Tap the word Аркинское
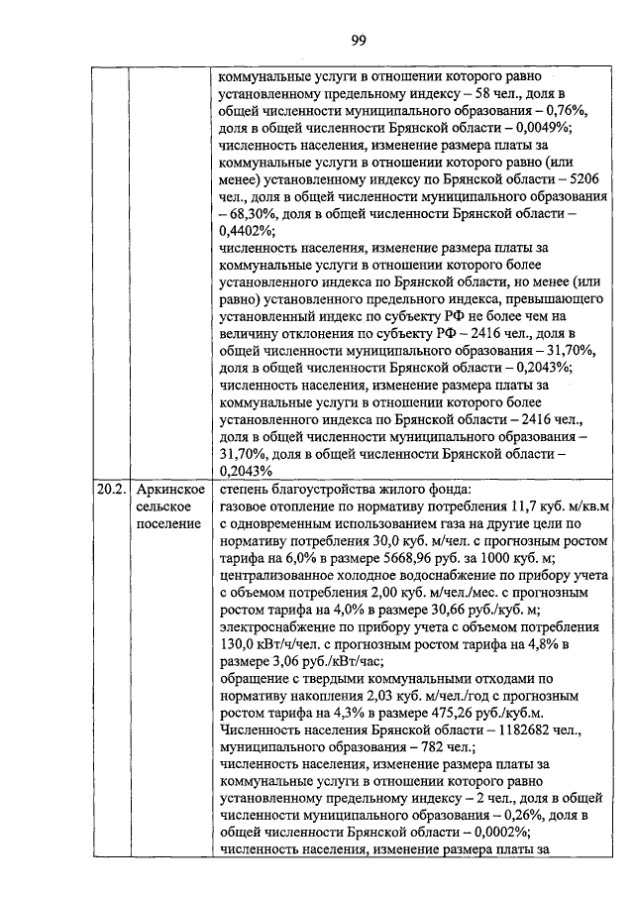click(170, 490)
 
